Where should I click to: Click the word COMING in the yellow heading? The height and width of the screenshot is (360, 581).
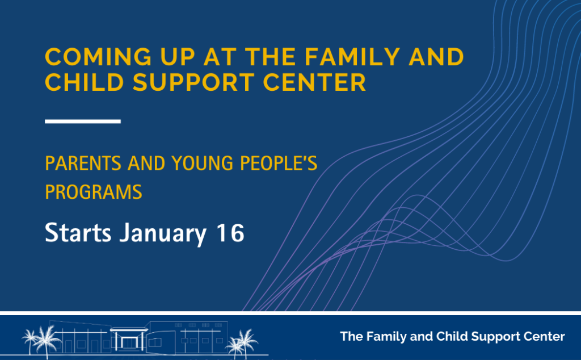98,57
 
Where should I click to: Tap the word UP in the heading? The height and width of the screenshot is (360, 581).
178,57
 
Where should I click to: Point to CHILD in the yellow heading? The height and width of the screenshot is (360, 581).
85,82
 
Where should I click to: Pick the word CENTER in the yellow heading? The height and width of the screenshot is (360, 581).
314,82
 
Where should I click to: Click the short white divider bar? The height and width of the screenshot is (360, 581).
83,122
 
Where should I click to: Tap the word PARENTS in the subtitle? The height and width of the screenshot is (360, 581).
83,163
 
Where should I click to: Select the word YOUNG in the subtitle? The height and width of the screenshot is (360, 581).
203,163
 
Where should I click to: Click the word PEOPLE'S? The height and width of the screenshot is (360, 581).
279,163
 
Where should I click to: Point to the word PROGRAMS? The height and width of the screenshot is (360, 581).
94,192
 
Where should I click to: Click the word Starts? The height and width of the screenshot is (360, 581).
78,232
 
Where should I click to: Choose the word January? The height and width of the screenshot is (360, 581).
163,233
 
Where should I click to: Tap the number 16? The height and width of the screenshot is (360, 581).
230,232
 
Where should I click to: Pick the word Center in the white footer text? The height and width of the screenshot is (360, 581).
541,337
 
